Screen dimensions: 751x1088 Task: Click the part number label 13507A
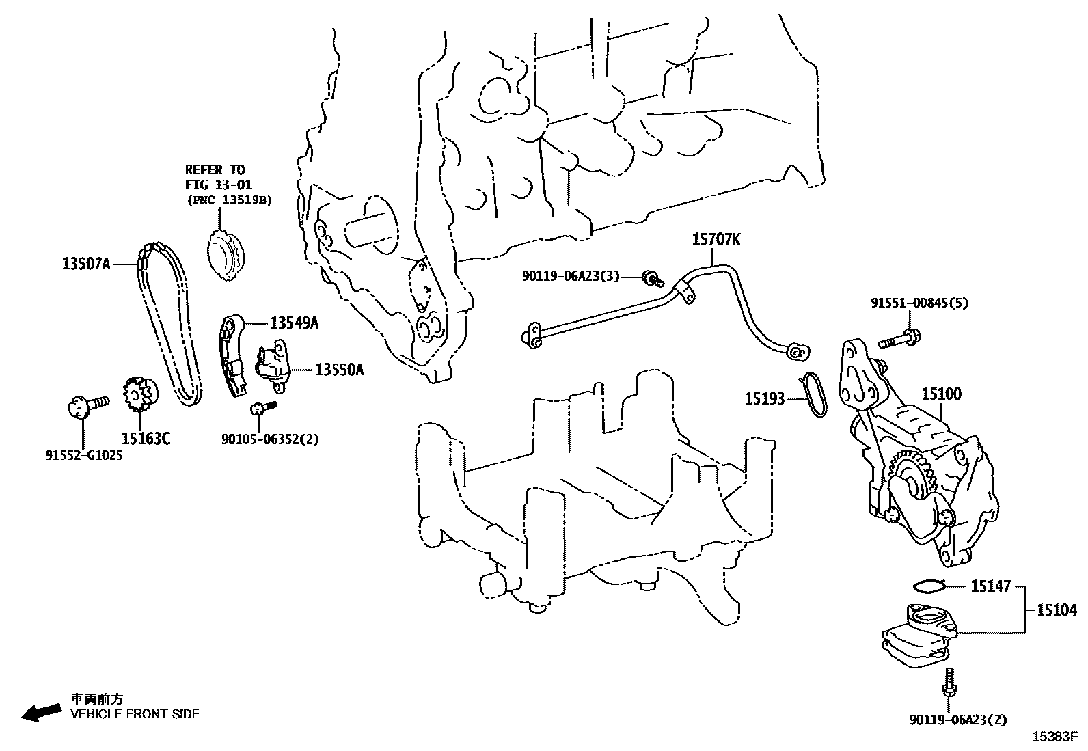(x=86, y=263)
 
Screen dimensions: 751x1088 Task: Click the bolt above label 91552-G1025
(x=88, y=405)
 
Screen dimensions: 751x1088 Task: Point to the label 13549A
(x=294, y=323)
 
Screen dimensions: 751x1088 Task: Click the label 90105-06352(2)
(x=270, y=439)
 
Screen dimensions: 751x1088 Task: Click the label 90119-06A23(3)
(x=571, y=275)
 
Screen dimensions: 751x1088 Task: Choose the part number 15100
(x=941, y=394)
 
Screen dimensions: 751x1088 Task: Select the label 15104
(x=1057, y=610)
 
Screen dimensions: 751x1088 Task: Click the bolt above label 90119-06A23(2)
(x=949, y=684)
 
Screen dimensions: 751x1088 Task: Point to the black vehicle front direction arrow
(x=40, y=713)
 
